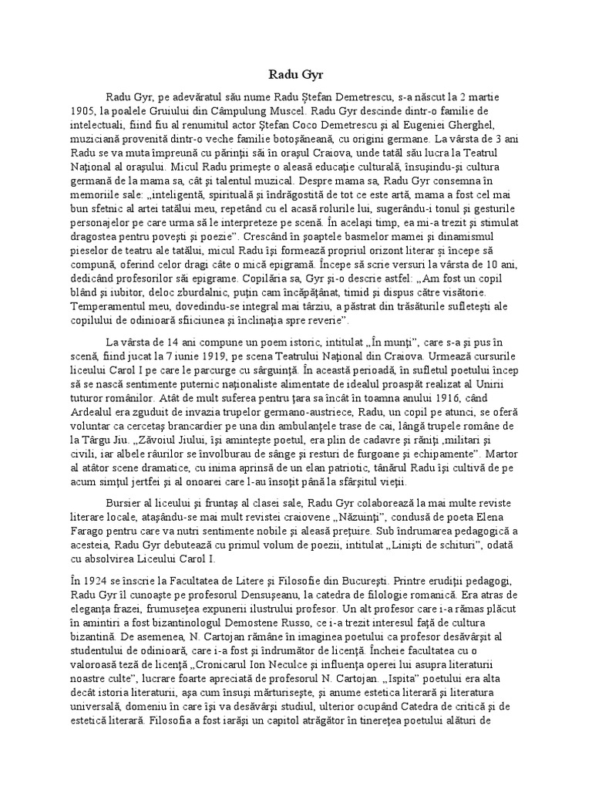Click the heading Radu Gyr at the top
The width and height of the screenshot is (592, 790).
pyautogui.click(x=296, y=74)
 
